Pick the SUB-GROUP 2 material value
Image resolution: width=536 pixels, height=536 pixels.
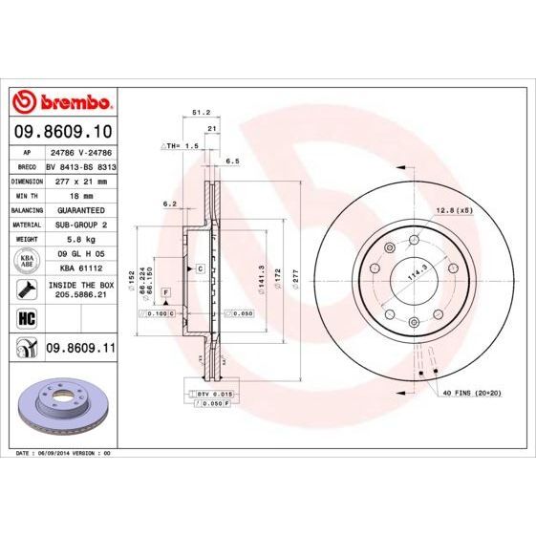tap(77, 224)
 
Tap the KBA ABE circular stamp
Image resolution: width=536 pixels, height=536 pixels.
tap(26, 260)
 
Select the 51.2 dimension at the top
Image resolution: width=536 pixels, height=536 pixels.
tap(201, 112)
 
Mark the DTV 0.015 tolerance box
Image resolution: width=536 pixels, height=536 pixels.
tap(215, 393)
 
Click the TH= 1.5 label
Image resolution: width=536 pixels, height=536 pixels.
tap(178, 148)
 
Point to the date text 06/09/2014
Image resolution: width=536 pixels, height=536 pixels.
tap(55, 452)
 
